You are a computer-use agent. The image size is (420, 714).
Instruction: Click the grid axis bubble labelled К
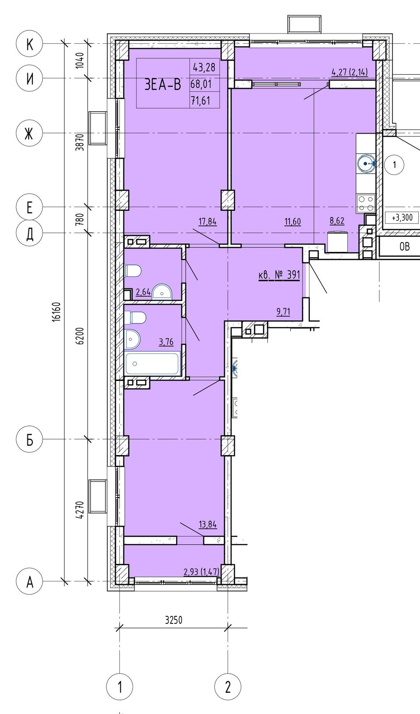point(29,44)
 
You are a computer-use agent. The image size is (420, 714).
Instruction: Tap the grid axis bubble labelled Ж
point(29,133)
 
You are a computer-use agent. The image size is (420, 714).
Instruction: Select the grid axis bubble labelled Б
point(29,439)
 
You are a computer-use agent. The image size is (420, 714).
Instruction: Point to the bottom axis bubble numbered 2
point(228,687)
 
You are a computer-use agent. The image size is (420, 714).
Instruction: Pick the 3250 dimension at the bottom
point(174,619)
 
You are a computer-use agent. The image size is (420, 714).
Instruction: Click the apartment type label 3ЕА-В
point(163,85)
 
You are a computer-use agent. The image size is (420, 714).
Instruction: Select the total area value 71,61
point(201,101)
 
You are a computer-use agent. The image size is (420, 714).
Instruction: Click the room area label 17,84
point(208,221)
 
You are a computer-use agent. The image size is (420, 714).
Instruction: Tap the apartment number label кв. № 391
point(279,274)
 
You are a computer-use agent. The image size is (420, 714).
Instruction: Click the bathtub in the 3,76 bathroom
point(153,363)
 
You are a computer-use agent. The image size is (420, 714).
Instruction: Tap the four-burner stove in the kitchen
point(366,203)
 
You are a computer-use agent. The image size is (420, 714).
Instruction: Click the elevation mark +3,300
point(402,218)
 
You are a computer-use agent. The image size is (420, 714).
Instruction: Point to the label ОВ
point(405,247)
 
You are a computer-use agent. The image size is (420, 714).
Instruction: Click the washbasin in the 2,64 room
point(162,292)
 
